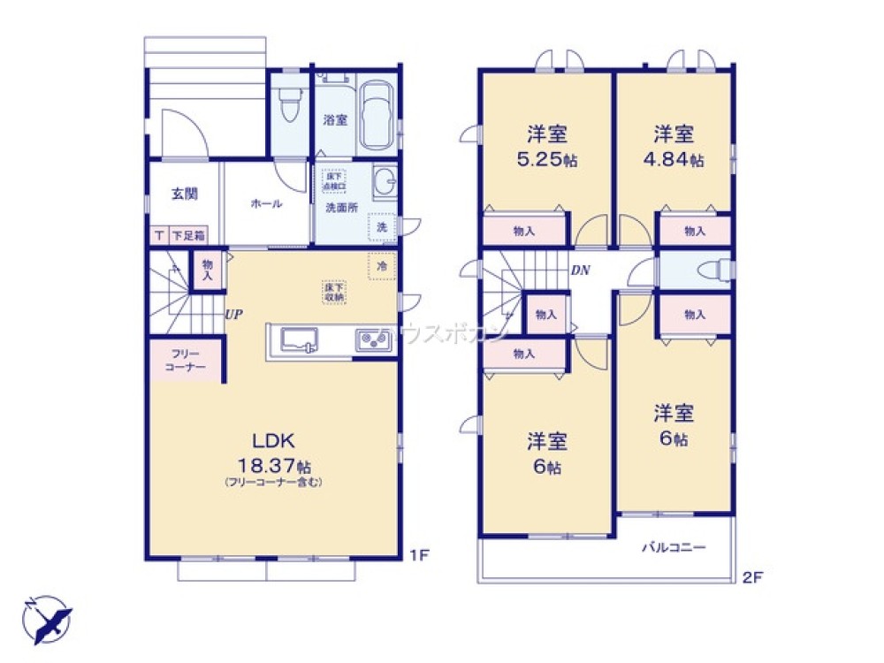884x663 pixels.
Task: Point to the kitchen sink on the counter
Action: pos(299,339)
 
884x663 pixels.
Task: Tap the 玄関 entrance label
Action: pos(184,194)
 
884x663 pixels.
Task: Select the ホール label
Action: pos(266,204)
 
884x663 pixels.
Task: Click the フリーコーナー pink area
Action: pos(184,360)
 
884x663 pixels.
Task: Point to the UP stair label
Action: pos(234,314)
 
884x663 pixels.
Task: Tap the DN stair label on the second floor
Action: pos(580,271)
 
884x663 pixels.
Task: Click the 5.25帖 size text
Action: pos(547,162)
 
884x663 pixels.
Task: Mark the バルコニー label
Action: pos(674,548)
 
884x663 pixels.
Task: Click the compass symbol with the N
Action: pos(46,618)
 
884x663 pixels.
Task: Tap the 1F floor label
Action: pos(419,556)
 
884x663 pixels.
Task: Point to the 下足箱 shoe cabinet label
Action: pos(187,235)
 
